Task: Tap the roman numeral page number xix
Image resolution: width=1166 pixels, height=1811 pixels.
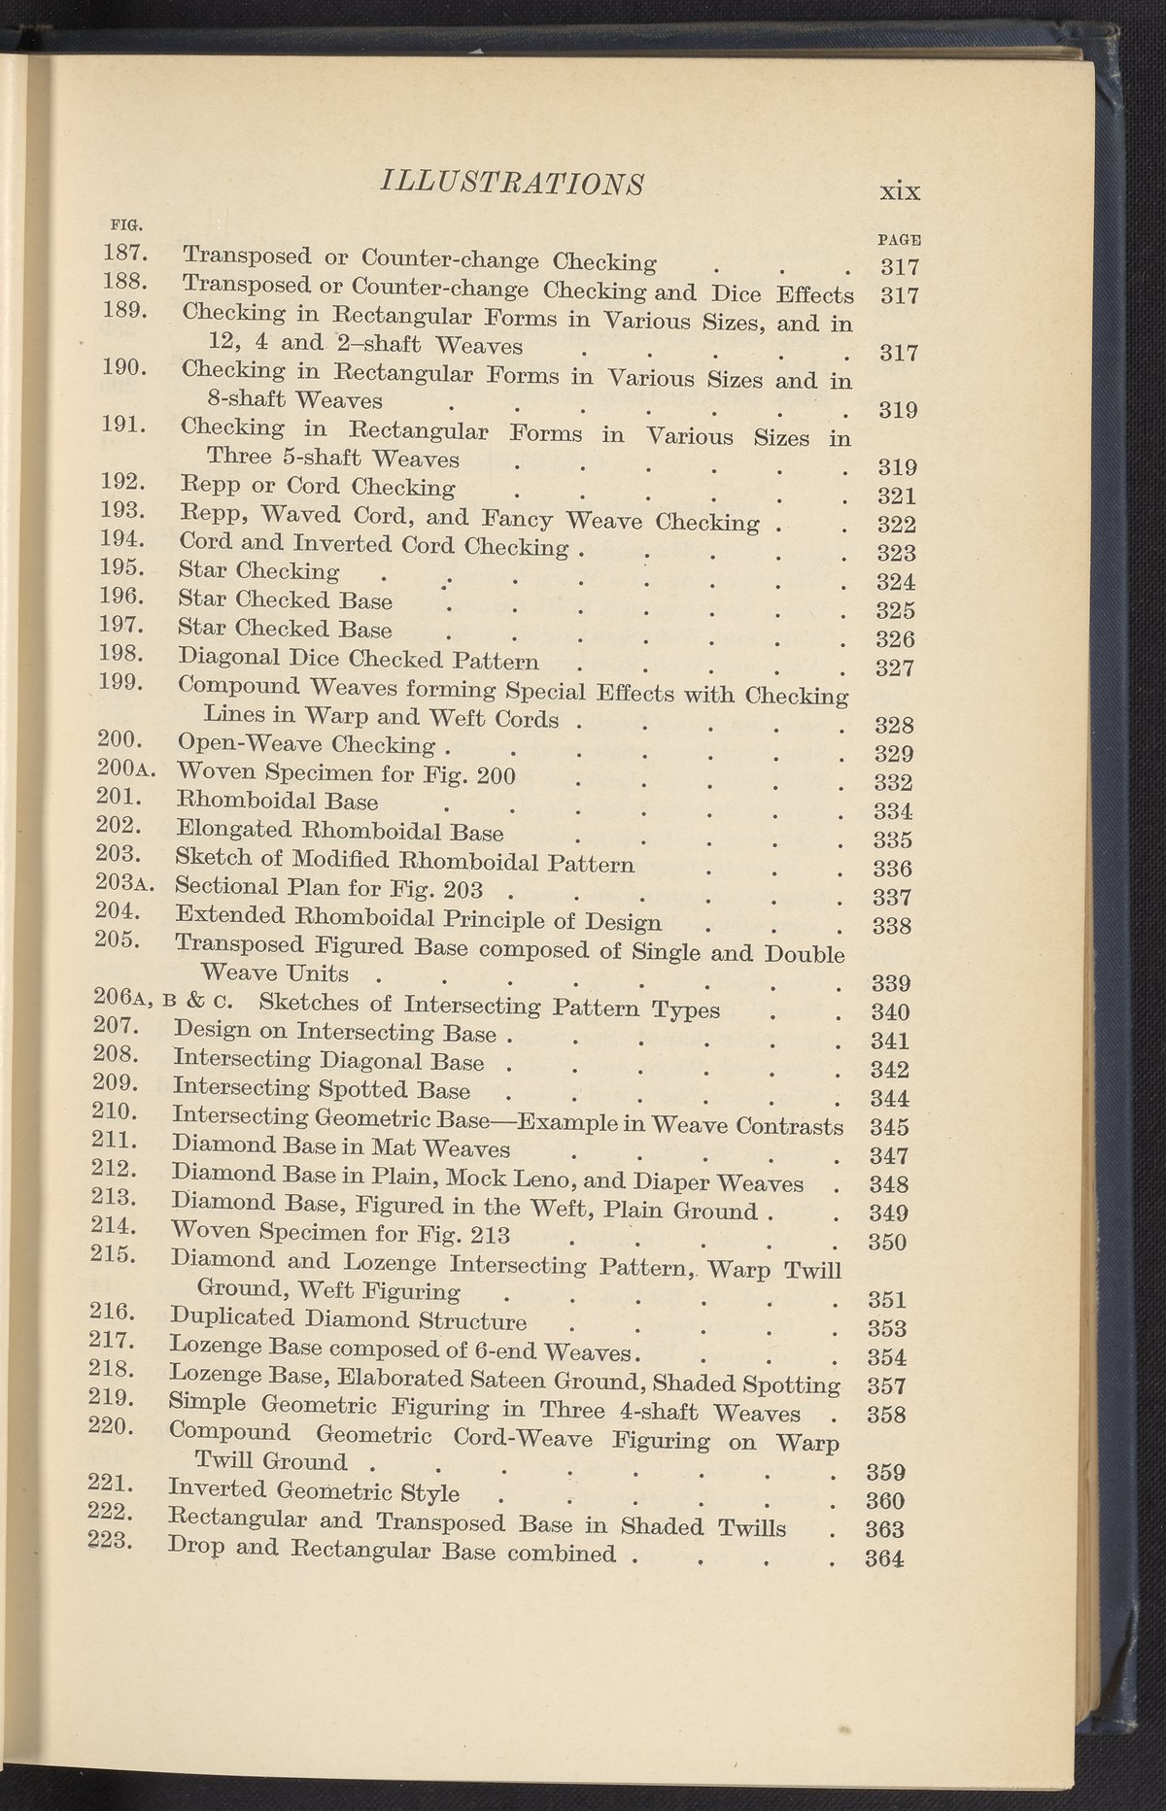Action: (899, 190)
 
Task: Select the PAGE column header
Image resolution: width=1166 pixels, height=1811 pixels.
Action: (899, 239)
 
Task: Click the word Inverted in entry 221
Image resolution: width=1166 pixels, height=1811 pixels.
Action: (218, 1491)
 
